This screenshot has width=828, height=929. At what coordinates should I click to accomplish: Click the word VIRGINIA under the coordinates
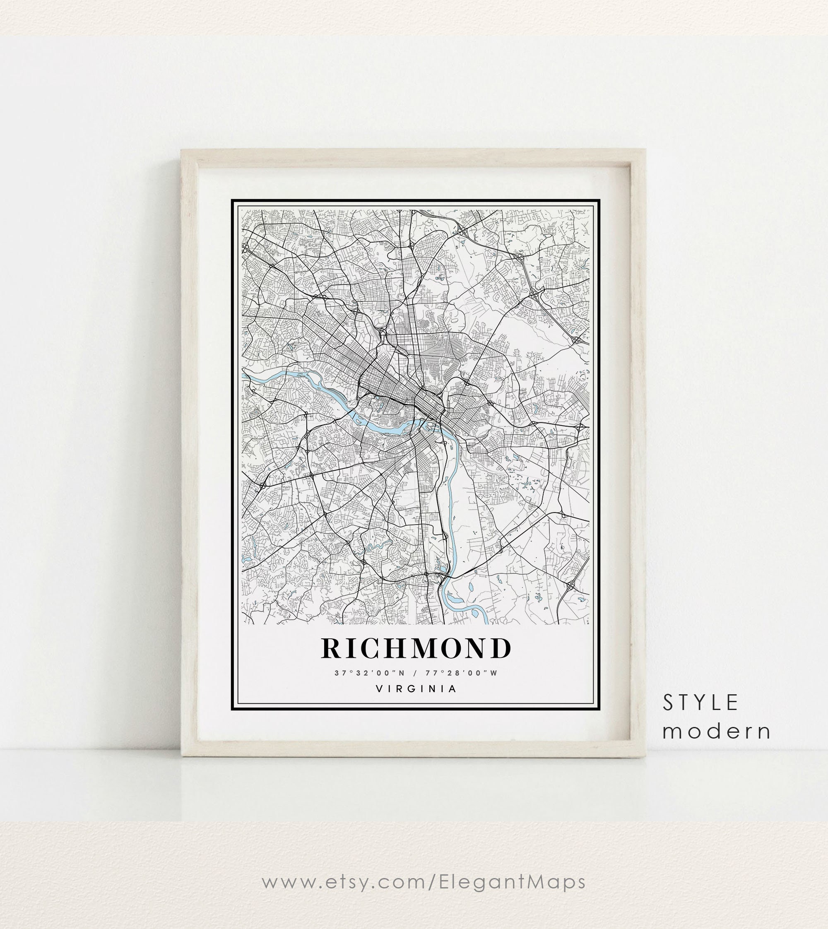416,689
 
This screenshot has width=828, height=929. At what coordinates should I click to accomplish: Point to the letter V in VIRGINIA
379,689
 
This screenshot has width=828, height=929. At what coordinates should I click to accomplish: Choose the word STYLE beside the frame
700,703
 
